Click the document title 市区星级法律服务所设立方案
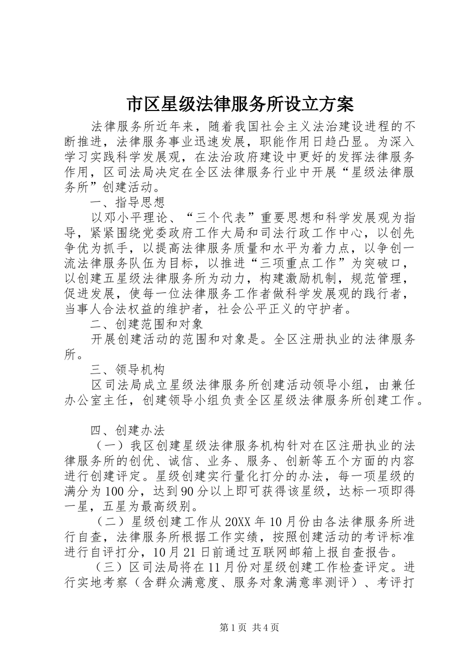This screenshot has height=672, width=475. [x=237, y=104]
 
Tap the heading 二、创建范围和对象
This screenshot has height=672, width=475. [x=146, y=325]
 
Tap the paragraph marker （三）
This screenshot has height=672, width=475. [x=106, y=568]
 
